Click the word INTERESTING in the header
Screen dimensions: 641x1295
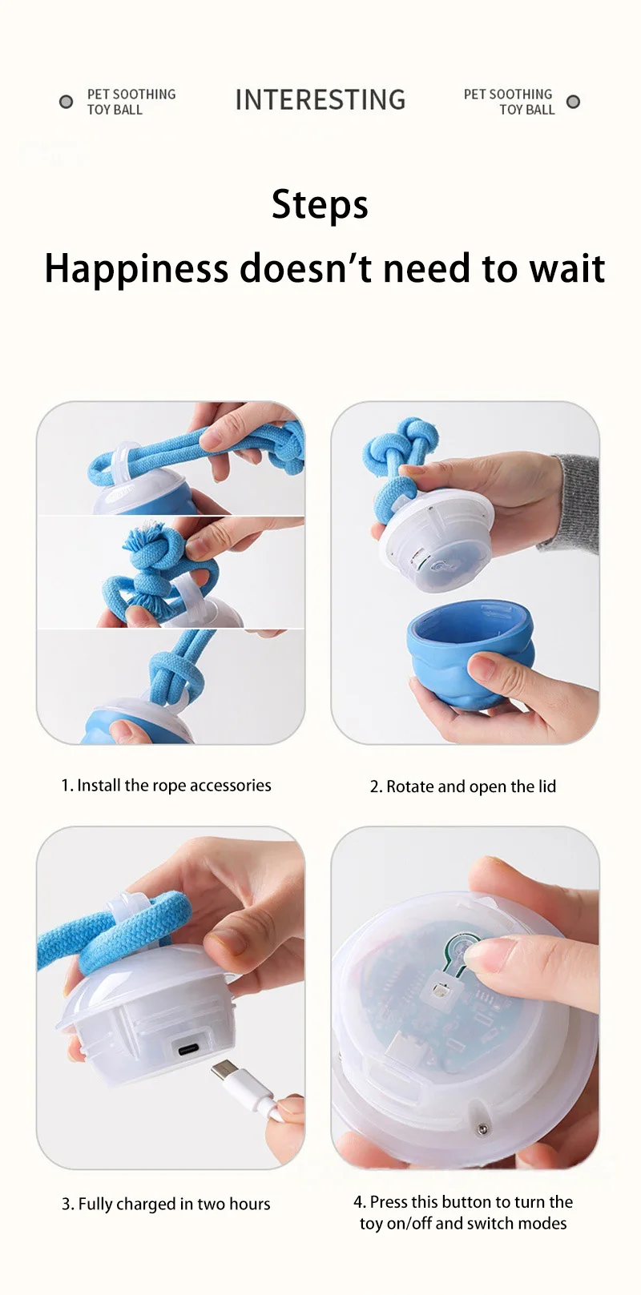point(320,99)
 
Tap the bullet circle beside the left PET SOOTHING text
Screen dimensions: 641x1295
point(67,102)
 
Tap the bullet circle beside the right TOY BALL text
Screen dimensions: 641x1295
point(573,102)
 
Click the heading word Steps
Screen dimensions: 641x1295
point(320,205)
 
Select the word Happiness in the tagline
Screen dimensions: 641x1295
point(136,269)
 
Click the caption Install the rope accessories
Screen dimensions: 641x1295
point(174,785)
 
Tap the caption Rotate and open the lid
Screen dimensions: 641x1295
point(471,786)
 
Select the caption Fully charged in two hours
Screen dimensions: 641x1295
point(174,1204)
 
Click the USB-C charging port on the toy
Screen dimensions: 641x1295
point(189,1049)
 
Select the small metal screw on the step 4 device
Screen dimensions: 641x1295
point(482,1129)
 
